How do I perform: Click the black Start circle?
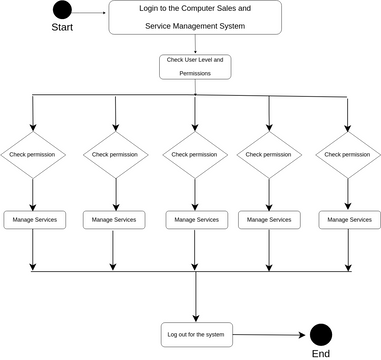click(62, 12)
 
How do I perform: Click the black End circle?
click(320, 336)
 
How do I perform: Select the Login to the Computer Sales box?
click(195, 18)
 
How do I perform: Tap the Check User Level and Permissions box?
click(195, 66)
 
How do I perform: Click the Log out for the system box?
click(195, 333)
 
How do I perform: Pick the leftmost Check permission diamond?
click(32, 155)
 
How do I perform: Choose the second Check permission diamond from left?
click(115, 155)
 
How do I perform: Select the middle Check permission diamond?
click(195, 155)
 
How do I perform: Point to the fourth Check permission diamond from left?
click(268, 155)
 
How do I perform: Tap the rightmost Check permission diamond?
click(348, 155)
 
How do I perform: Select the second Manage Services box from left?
click(115, 219)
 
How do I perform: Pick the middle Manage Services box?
click(195, 219)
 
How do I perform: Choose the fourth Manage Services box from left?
click(268, 219)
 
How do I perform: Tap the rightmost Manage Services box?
click(348, 219)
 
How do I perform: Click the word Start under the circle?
click(62, 28)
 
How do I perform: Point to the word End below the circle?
click(320, 354)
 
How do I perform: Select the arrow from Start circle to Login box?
click(90, 13)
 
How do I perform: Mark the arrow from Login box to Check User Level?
click(195, 44)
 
